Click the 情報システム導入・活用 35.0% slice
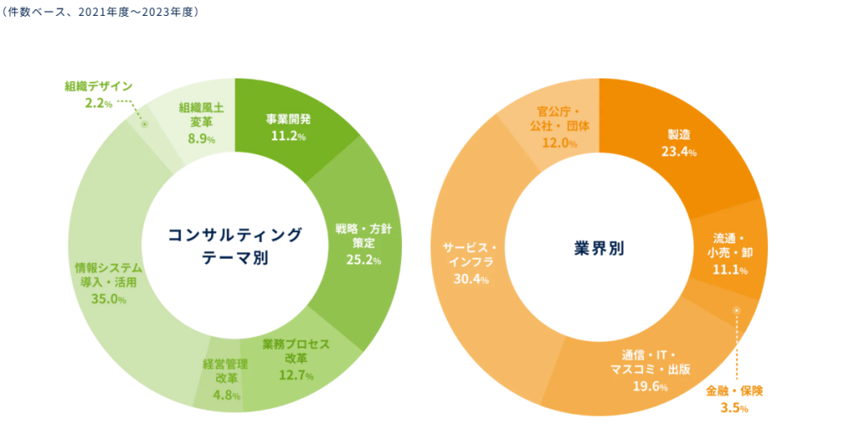(x=108, y=284)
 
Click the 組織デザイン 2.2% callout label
(x=98, y=94)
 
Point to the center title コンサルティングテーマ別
(x=235, y=246)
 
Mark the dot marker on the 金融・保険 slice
(x=736, y=310)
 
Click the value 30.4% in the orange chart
(x=470, y=279)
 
